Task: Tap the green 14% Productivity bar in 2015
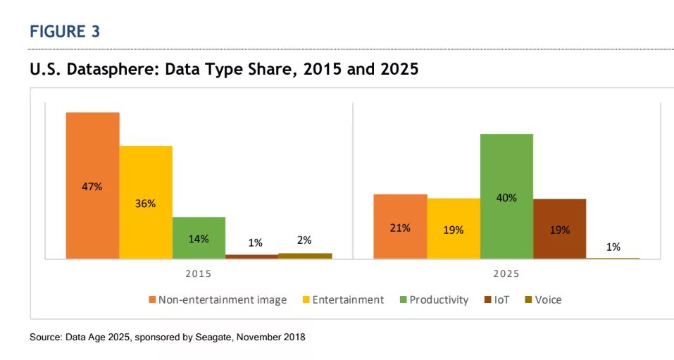[x=199, y=238]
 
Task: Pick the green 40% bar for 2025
[x=506, y=197]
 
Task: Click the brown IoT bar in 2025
[x=559, y=229]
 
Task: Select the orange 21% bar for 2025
[x=400, y=227]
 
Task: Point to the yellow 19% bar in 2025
[x=454, y=229]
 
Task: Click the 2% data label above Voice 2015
[x=304, y=240]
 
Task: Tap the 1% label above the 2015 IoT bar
[x=255, y=242]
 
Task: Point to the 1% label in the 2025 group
[x=613, y=247]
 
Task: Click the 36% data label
[x=146, y=204]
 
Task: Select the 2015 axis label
[x=198, y=273]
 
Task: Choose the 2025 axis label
[x=506, y=273]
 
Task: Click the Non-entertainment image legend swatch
[x=152, y=300]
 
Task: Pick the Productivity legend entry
[x=439, y=300]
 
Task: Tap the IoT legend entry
[x=497, y=300]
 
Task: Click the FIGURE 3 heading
[x=65, y=32]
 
